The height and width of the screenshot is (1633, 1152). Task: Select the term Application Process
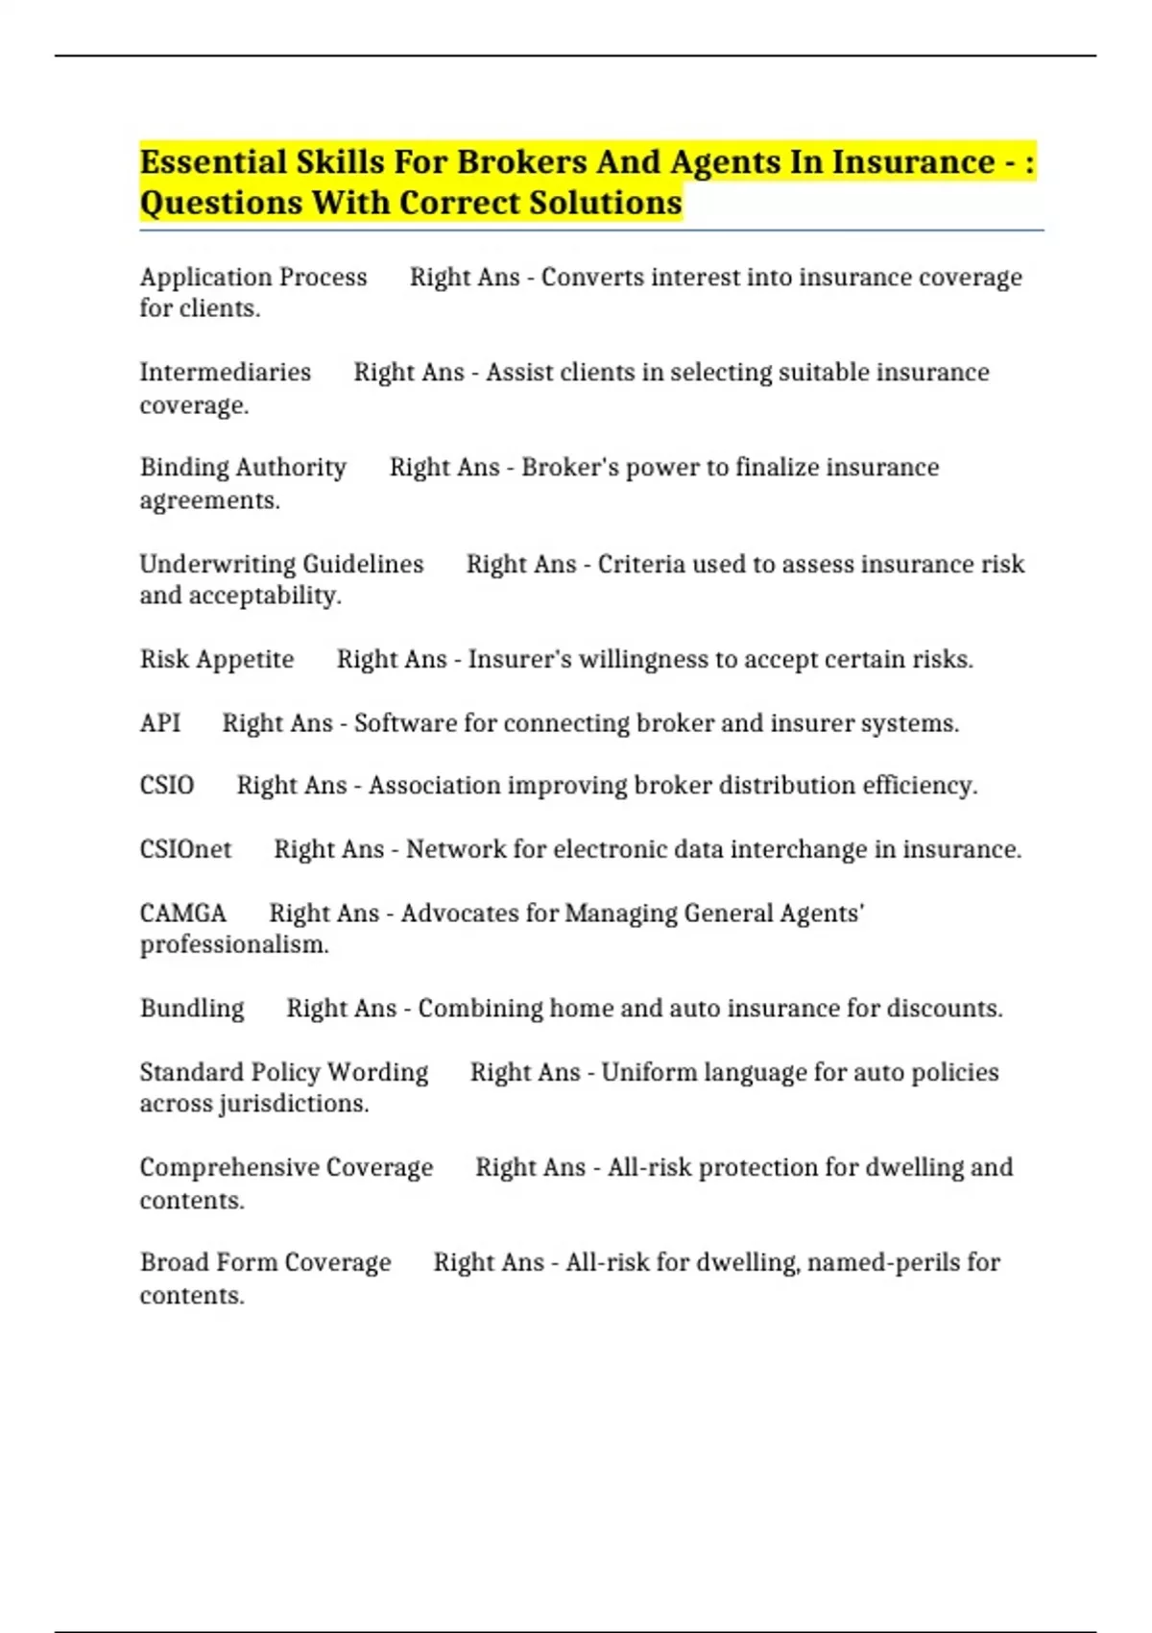pos(253,278)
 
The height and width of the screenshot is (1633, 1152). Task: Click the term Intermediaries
pos(226,373)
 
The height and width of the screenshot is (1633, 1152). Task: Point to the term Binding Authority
pos(243,468)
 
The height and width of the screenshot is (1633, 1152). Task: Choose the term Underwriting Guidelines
pos(281,564)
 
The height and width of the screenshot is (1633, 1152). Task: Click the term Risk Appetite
pos(217,660)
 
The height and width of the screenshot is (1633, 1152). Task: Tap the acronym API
pos(159,723)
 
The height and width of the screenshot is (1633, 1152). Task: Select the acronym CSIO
pos(167,786)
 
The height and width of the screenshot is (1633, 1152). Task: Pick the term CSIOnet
pos(185,850)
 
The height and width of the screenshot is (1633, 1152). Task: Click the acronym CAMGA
pos(183,914)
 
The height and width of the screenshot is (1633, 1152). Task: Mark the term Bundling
pos(192,1009)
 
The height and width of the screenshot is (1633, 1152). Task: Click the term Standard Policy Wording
pos(284,1072)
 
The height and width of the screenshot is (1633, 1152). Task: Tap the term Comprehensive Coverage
pos(286,1167)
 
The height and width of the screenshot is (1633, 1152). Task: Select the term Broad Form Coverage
pos(265,1262)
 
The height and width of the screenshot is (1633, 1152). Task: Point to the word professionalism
pos(233,945)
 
